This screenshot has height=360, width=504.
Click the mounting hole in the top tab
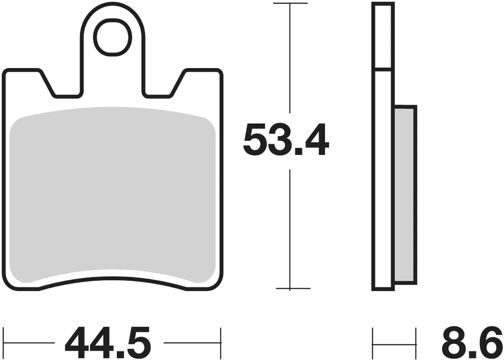[112, 37]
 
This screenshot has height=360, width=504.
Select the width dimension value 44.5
[108, 343]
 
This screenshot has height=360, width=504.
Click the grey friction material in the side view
[405, 195]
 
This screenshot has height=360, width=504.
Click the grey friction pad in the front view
[112, 195]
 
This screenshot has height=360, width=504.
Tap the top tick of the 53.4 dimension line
[290, 3]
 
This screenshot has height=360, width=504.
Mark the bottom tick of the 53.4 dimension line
[293, 288]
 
